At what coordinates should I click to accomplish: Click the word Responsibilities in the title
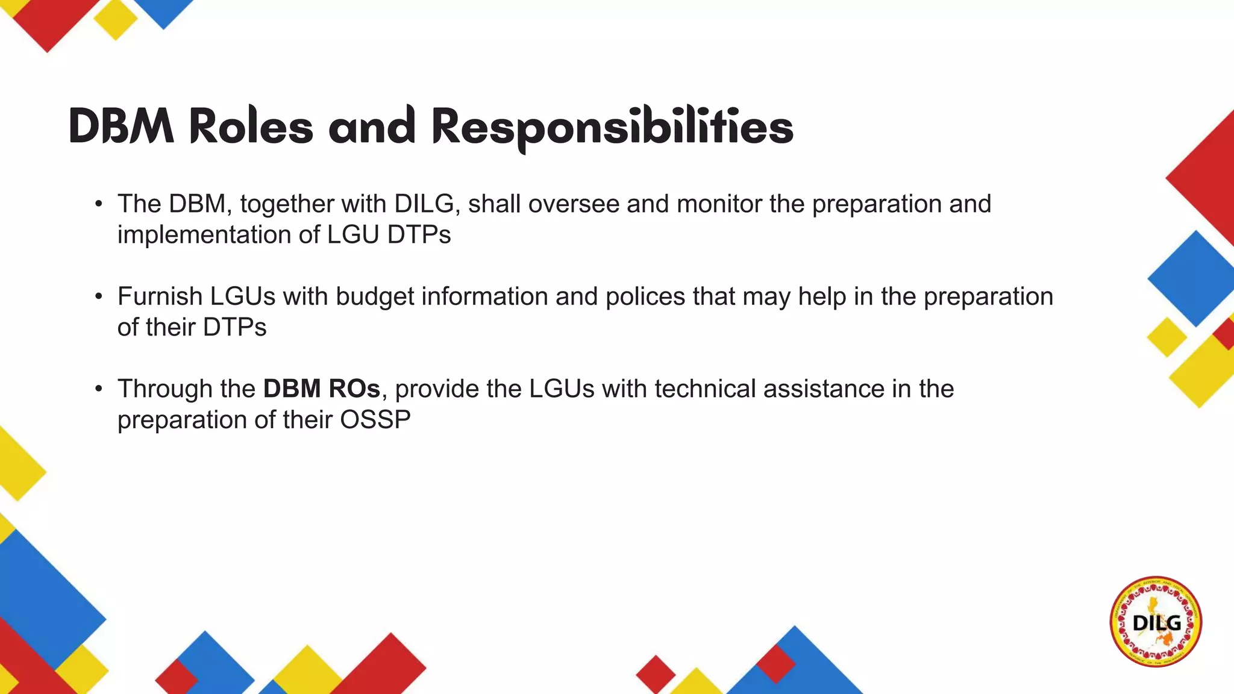click(612, 128)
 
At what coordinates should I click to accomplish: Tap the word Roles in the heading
click(251, 127)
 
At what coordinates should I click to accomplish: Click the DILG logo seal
click(1156, 621)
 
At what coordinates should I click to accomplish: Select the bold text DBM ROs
click(322, 389)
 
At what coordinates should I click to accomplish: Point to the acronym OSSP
click(375, 420)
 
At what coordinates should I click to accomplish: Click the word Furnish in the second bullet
click(160, 296)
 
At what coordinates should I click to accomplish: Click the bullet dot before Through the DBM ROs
click(99, 389)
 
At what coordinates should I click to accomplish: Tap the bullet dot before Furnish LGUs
click(99, 297)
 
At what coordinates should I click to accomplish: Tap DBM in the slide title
click(121, 127)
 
